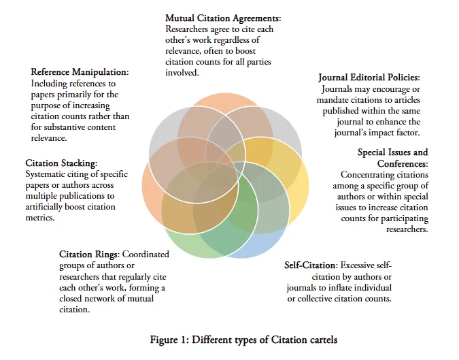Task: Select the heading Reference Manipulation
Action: click(x=80, y=71)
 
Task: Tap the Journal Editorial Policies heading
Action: click(x=369, y=78)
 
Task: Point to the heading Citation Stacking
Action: click(x=61, y=163)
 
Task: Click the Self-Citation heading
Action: click(x=310, y=265)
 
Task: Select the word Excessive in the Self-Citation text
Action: click(x=366, y=265)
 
